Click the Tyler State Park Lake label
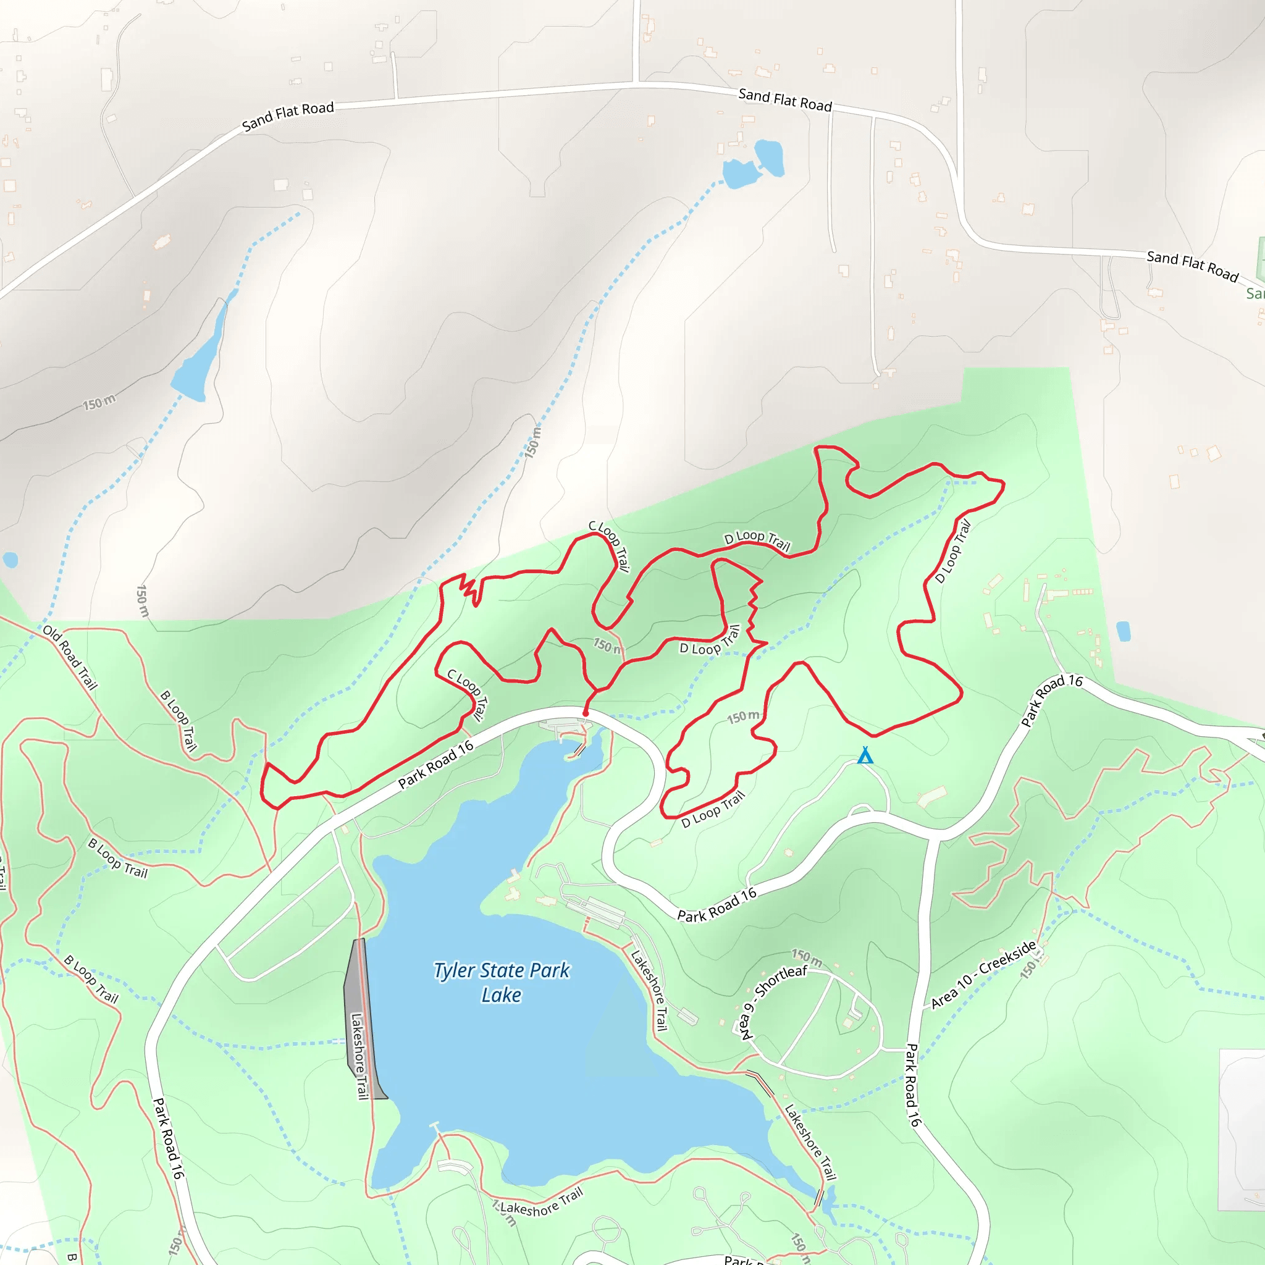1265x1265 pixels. (x=502, y=982)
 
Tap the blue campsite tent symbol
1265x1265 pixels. (x=865, y=755)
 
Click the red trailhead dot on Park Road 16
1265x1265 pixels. (x=586, y=713)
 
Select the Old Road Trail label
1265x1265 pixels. (x=70, y=657)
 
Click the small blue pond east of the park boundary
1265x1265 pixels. (x=1123, y=631)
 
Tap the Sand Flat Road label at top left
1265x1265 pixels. (x=288, y=116)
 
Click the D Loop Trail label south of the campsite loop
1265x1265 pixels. (x=713, y=809)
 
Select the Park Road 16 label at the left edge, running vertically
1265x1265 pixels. (x=167, y=1138)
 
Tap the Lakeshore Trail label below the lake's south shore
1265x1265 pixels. (x=541, y=1203)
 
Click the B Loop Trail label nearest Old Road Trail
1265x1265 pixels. (x=178, y=720)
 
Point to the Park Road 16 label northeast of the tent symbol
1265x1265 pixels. (x=1051, y=700)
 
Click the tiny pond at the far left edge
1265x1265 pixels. (x=10, y=560)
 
